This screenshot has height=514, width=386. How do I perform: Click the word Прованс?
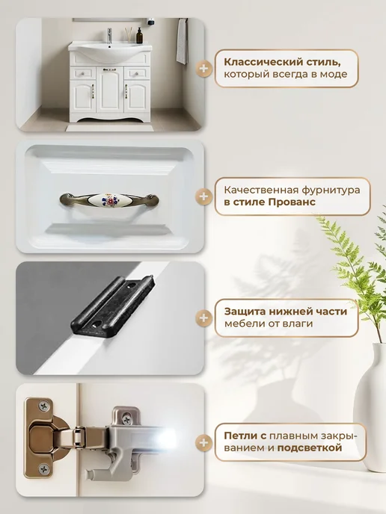tap(292, 202)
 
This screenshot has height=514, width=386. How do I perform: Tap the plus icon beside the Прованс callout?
tap(203, 196)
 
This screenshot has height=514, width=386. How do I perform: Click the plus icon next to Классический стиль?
tap(203, 69)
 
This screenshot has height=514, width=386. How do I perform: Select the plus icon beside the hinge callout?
tap(203, 442)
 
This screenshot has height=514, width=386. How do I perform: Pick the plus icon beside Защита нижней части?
tap(203, 318)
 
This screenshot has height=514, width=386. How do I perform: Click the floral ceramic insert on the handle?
tap(108, 200)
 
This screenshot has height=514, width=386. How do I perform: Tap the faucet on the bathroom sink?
tap(110, 35)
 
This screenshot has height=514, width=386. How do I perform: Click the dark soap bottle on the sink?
tap(139, 35)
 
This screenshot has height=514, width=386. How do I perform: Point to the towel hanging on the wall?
tap(183, 41)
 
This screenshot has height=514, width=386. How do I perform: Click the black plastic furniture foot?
tap(111, 306)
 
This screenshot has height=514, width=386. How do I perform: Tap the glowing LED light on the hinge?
tap(167, 436)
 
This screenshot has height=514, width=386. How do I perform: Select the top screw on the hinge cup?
tap(43, 406)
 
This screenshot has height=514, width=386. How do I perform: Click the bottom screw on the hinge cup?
tap(43, 469)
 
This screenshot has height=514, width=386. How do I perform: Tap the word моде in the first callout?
tap(335, 75)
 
